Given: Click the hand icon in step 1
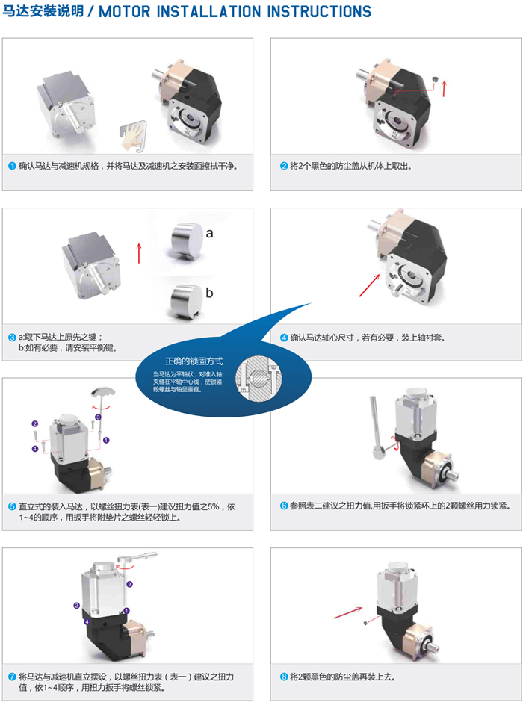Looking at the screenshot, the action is (x=132, y=135).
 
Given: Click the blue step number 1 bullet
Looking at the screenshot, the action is (x=13, y=166).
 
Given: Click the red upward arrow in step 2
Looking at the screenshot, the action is (x=444, y=88).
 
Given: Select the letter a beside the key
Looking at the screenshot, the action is (x=209, y=233).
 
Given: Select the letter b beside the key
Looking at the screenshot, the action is (x=209, y=293).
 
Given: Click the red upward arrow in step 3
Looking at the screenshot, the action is (x=139, y=253).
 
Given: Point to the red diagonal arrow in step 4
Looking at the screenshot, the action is (x=371, y=285).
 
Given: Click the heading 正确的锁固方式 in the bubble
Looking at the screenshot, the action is (x=194, y=361).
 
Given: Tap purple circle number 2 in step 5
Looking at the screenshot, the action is (x=35, y=423).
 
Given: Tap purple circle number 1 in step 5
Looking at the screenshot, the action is (x=106, y=440).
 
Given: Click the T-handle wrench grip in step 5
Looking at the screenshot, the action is (x=103, y=392).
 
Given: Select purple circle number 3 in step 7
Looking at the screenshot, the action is (x=129, y=584).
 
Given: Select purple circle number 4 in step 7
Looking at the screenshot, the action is (x=87, y=622).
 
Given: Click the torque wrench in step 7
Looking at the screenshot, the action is (x=137, y=558).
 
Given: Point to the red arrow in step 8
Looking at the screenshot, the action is (x=348, y=612).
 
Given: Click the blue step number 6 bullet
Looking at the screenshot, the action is (x=284, y=506).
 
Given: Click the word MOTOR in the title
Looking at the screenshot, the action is (x=125, y=10).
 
